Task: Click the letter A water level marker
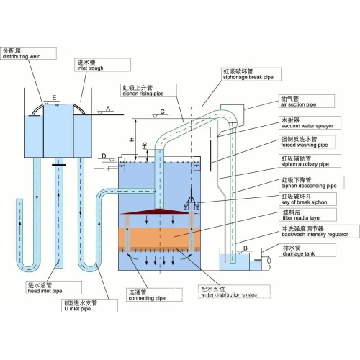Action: tap(108, 108)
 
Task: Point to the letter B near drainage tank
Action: tap(247, 249)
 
